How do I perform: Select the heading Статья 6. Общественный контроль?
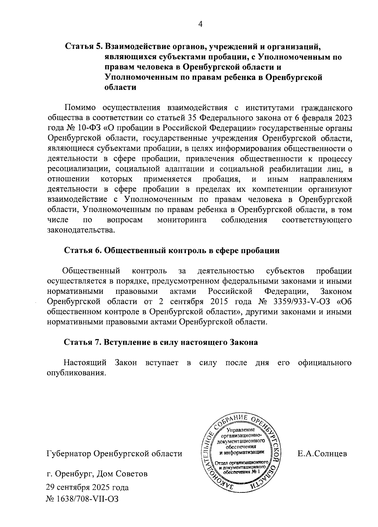coord(172,251)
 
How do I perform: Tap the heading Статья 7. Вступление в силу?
coord(161,342)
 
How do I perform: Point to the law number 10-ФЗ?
coord(81,128)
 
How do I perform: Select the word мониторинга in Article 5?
coord(182,220)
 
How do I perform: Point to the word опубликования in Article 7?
coord(75,373)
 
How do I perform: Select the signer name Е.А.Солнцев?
coord(322,454)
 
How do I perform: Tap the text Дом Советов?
coord(122,473)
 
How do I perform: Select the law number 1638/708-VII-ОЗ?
coord(87,499)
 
